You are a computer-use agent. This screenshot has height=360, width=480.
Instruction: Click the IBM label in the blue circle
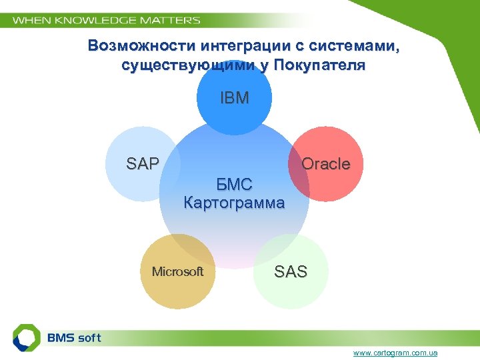click(234, 99)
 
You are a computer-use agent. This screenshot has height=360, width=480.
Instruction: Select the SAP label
click(143, 163)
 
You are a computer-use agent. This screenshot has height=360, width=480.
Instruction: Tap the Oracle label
click(325, 164)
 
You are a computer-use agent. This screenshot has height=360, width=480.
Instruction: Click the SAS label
click(291, 271)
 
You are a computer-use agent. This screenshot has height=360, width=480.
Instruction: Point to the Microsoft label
click(177, 271)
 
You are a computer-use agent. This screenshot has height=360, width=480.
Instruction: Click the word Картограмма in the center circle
click(234, 202)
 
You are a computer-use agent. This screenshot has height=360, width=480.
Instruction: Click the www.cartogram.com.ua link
click(396, 352)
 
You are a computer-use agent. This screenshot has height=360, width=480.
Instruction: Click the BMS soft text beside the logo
click(74, 337)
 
